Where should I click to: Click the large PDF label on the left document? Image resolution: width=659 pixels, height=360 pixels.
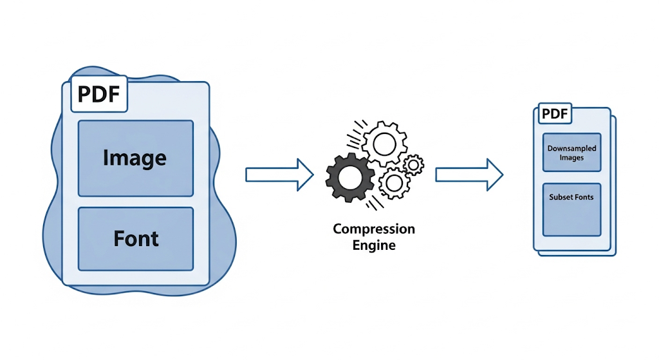pos(98,94)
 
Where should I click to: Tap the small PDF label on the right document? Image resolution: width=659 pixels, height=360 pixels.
pos(555,113)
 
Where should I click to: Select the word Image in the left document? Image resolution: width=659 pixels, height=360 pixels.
pos(135,158)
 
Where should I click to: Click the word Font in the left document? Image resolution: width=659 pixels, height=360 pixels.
pos(136,238)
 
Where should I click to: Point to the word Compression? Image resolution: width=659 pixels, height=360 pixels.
pos(374,229)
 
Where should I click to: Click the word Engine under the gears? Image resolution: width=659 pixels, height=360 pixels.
pos(374,245)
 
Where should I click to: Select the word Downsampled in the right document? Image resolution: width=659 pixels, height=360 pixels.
pos(571,149)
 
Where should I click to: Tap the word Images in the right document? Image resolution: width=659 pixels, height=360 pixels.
pos(571,158)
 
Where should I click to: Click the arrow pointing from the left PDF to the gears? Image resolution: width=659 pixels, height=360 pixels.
pos(279,175)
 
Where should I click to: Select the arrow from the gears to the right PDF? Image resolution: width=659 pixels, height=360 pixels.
pos(469,175)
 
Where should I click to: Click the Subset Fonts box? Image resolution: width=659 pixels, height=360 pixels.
pos(571,209)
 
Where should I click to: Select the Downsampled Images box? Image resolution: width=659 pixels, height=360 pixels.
pos(571,152)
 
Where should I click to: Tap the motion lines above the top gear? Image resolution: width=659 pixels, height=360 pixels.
pos(355,134)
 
